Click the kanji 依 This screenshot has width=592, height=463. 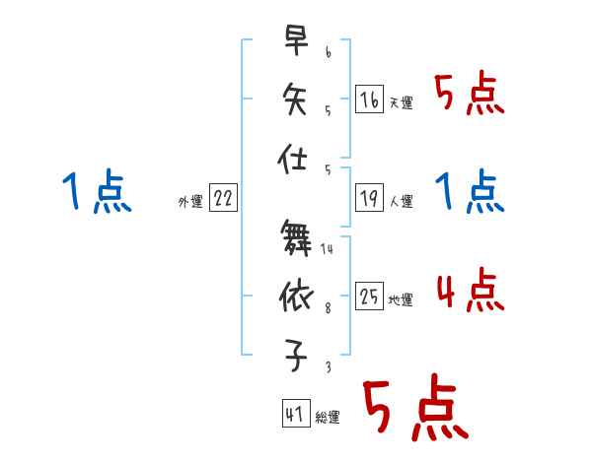[295, 295]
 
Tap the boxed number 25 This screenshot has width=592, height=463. [369, 297]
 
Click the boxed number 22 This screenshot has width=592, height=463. [223, 198]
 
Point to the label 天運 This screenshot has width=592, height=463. [402, 102]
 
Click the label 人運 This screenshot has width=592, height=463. [402, 202]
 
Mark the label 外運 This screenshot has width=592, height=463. [190, 202]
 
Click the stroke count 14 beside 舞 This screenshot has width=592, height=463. [327, 249]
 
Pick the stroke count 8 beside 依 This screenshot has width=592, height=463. [327, 308]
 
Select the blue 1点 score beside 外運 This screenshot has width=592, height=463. [96, 191]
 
